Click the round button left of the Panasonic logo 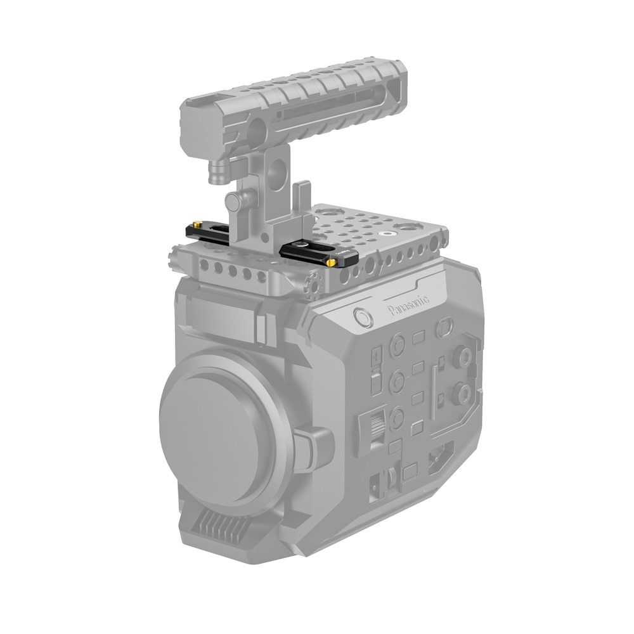tap(363, 316)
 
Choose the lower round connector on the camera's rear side tap(458, 396)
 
